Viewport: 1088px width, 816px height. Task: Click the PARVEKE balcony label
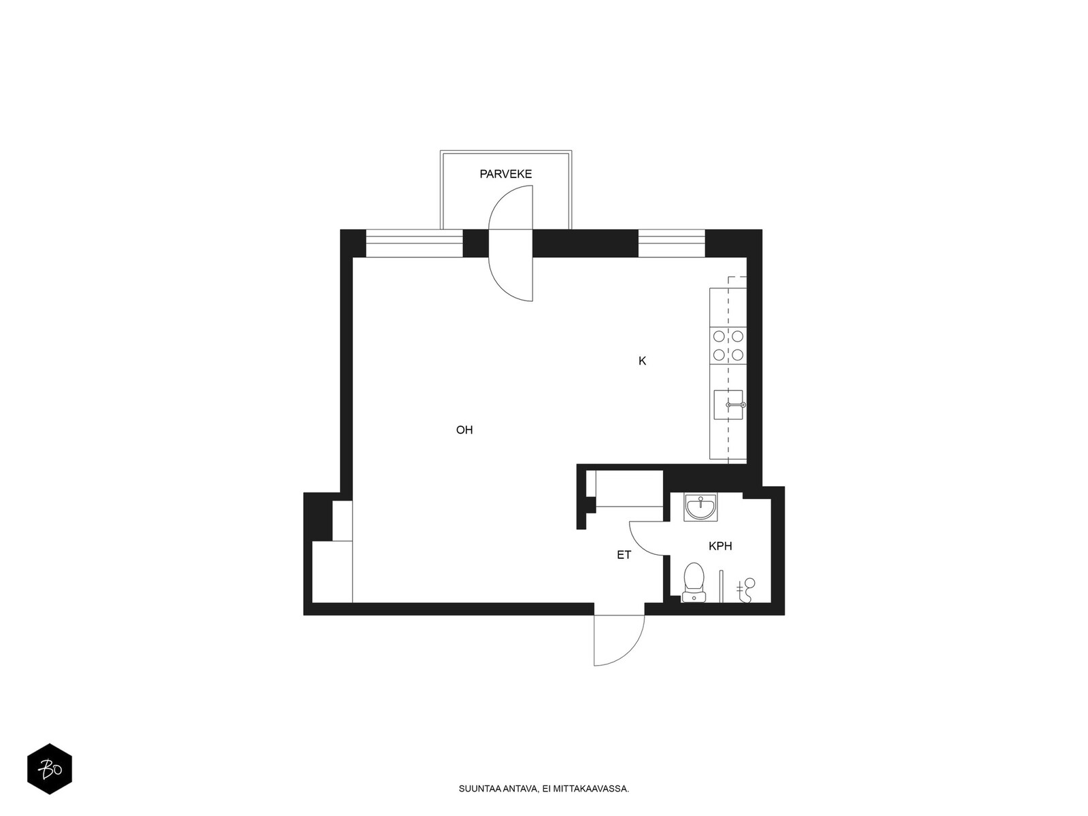(505, 174)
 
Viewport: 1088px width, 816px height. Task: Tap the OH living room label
(464, 430)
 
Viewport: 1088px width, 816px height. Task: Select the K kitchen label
(642, 361)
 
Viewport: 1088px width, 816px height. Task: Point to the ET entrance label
(624, 555)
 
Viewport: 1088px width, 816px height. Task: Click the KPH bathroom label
(719, 546)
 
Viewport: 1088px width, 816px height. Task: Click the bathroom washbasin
(700, 507)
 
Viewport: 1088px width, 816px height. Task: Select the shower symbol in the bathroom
(745, 590)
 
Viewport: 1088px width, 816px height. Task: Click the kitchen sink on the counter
(728, 405)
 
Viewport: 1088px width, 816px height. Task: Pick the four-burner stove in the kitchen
(728, 346)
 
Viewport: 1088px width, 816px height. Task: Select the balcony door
(511, 243)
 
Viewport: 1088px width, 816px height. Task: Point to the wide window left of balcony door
(414, 243)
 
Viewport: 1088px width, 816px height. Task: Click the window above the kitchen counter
(671, 243)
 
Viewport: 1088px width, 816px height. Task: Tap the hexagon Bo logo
(50, 769)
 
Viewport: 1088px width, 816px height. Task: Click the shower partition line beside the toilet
(721, 586)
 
